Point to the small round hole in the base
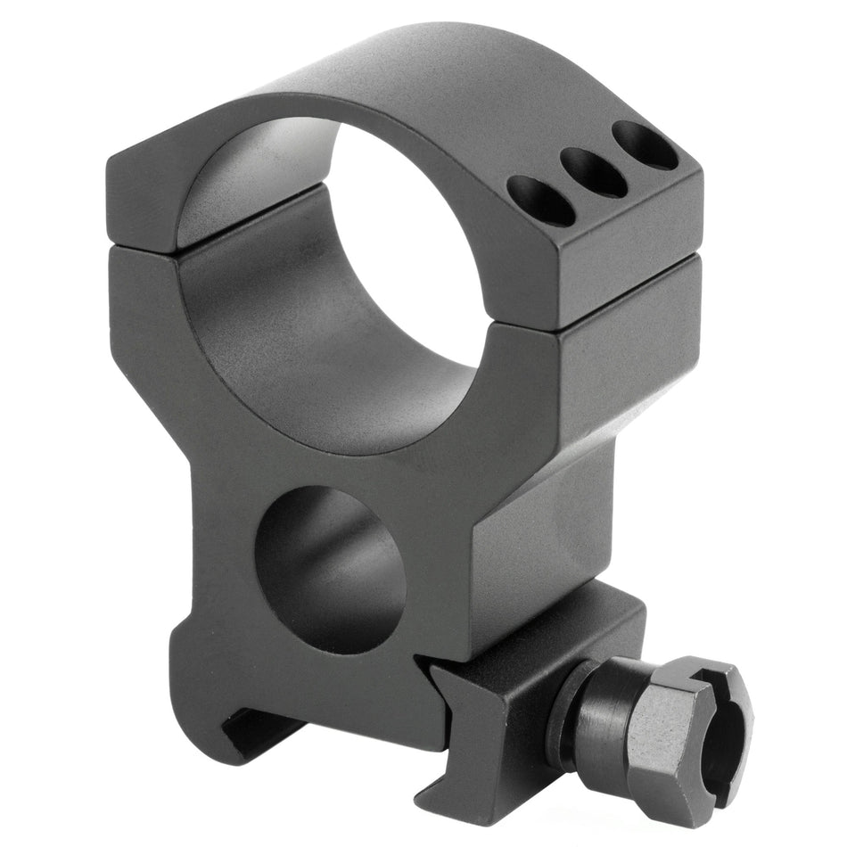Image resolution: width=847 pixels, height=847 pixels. coord(330,569)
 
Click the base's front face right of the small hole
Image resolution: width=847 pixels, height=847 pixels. coord(446,580)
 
